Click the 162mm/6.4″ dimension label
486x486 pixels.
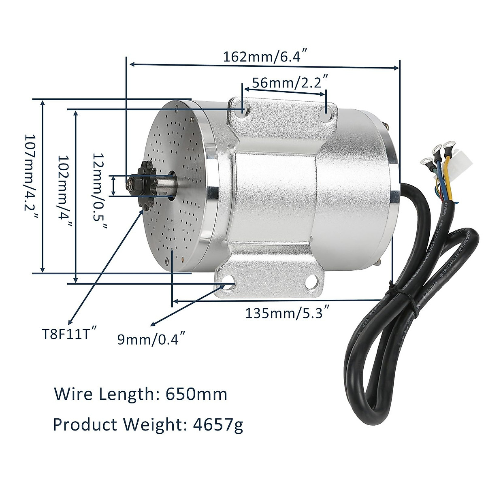tap(267, 56)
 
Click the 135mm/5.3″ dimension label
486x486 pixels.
tap(286, 313)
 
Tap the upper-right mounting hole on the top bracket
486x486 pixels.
tap(326, 115)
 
